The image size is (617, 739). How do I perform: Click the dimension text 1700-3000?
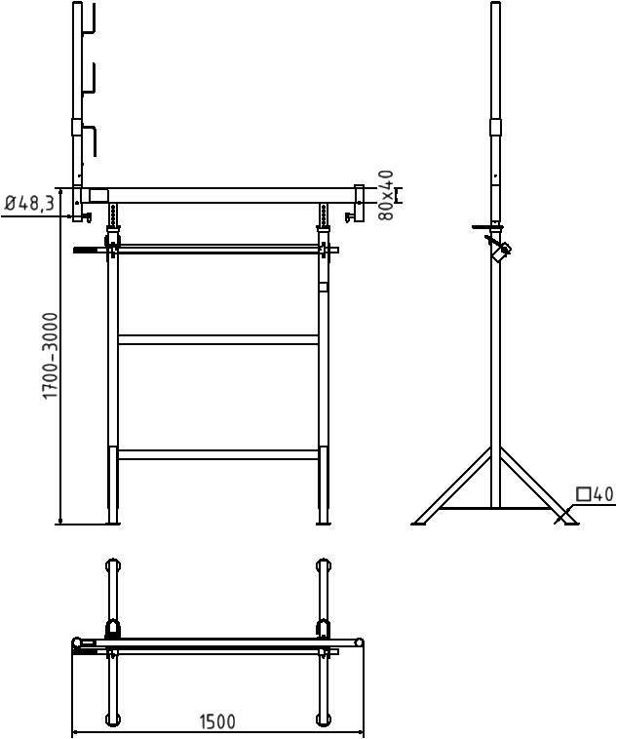(51, 355)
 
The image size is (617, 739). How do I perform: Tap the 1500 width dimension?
(217, 722)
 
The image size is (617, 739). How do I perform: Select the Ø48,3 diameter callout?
(28, 204)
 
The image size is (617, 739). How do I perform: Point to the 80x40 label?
(387, 195)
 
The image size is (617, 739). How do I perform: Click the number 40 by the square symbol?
(603, 495)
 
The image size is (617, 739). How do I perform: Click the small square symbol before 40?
(583, 495)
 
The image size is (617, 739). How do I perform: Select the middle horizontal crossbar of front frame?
(218, 339)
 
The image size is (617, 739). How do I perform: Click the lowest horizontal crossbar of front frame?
(218, 454)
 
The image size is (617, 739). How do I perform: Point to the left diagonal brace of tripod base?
(452, 486)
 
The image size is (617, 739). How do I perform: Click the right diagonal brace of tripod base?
(538, 486)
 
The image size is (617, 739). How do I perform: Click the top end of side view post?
(495, 6)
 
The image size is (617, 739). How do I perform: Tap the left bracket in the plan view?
(113, 629)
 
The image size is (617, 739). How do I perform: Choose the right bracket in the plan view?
(324, 629)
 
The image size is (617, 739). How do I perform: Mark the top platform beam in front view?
(218, 195)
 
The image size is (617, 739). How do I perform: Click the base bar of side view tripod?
(495, 508)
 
